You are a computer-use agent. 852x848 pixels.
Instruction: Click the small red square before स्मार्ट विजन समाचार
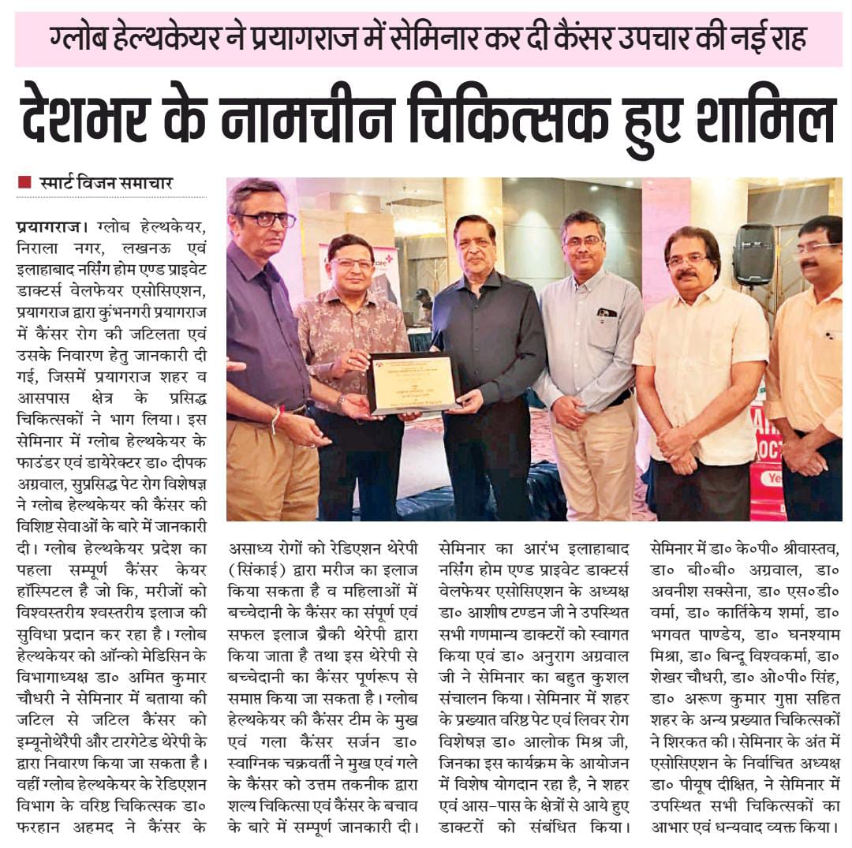[x=24, y=182]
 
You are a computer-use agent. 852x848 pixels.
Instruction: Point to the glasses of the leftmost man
[x=268, y=220]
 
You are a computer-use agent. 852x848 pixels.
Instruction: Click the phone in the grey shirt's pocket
[x=607, y=312]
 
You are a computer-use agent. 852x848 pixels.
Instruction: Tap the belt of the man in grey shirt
[x=611, y=399]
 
